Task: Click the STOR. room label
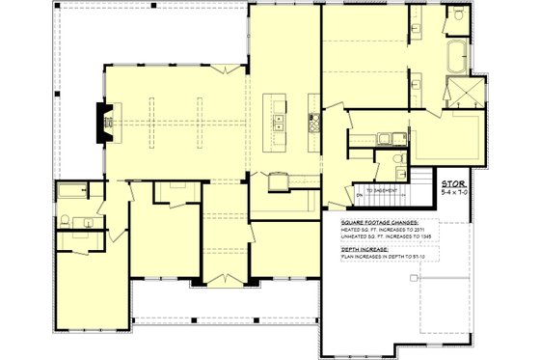tap(452, 182)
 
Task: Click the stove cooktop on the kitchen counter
tap(312, 122)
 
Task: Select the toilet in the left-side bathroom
tap(64, 221)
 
